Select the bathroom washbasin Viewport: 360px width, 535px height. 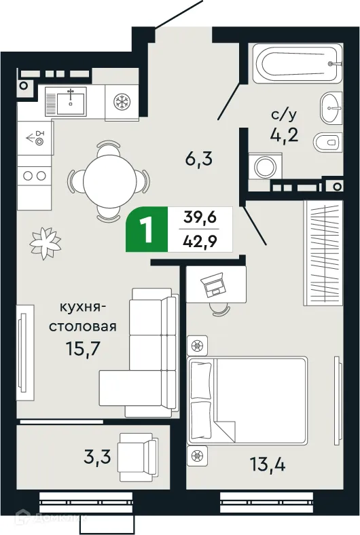[331, 106]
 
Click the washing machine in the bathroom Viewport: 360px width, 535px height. [261, 166]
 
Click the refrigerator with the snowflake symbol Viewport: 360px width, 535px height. [122, 103]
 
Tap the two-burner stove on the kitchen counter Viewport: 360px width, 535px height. [33, 176]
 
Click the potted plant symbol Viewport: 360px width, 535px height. [46, 240]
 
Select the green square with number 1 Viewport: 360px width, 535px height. [145, 232]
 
